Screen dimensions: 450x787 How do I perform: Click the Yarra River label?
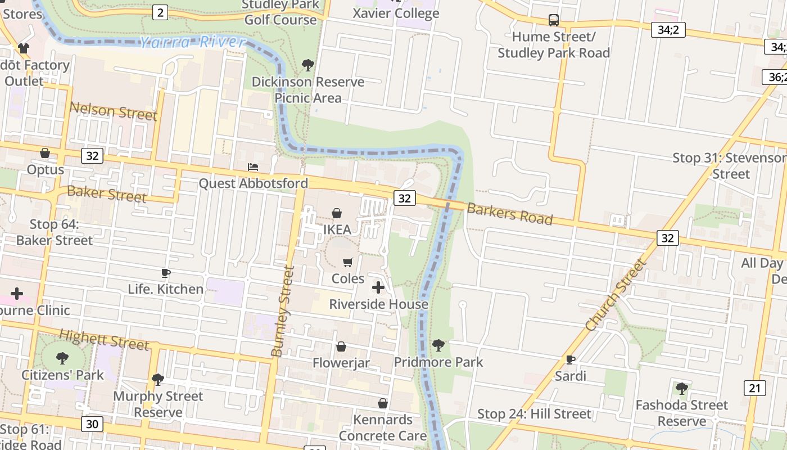point(192,42)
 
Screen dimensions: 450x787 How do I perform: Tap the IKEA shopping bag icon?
point(337,213)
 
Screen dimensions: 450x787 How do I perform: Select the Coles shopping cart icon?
point(348,262)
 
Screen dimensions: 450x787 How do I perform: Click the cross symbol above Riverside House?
point(378,287)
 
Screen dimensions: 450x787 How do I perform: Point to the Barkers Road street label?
point(510,214)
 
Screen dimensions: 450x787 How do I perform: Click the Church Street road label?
point(616,295)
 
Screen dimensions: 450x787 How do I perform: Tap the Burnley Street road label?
point(283,312)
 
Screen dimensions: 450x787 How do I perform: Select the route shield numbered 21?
point(754,388)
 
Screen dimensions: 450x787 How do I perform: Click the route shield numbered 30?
point(92,424)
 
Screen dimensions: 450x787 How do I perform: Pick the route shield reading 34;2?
point(668,30)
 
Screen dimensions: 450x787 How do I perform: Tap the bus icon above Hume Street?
point(554,20)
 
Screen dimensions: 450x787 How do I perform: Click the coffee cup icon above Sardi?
point(571,359)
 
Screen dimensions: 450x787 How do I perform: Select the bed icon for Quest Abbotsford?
point(253,167)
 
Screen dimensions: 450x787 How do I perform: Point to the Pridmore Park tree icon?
point(438,345)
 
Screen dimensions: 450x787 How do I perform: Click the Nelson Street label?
point(113,111)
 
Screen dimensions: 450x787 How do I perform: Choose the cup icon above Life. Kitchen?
point(165,273)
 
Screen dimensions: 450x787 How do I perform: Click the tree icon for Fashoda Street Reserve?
point(681,388)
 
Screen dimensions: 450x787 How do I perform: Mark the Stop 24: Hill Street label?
point(534,415)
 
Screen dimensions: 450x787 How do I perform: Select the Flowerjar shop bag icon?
point(341,346)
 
